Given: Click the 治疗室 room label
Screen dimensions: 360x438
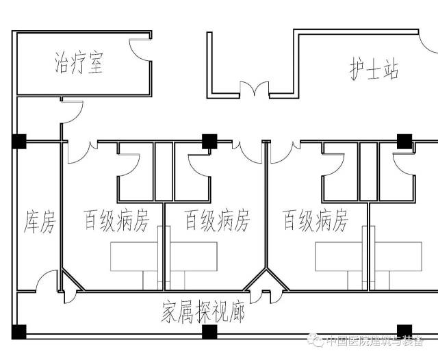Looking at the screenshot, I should tap(79, 63).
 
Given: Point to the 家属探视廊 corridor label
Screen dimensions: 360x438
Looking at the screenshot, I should tap(203, 312).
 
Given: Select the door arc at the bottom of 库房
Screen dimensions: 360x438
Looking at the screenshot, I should tap(51, 282).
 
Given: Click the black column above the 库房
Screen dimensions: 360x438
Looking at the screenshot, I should tap(19, 142).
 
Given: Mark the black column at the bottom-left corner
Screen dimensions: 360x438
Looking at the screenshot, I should tap(19, 333).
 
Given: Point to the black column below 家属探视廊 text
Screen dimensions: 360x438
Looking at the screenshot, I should tap(209, 333).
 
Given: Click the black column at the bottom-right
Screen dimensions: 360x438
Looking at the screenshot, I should tap(404, 331).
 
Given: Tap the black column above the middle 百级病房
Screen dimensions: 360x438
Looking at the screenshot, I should tap(209, 142).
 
